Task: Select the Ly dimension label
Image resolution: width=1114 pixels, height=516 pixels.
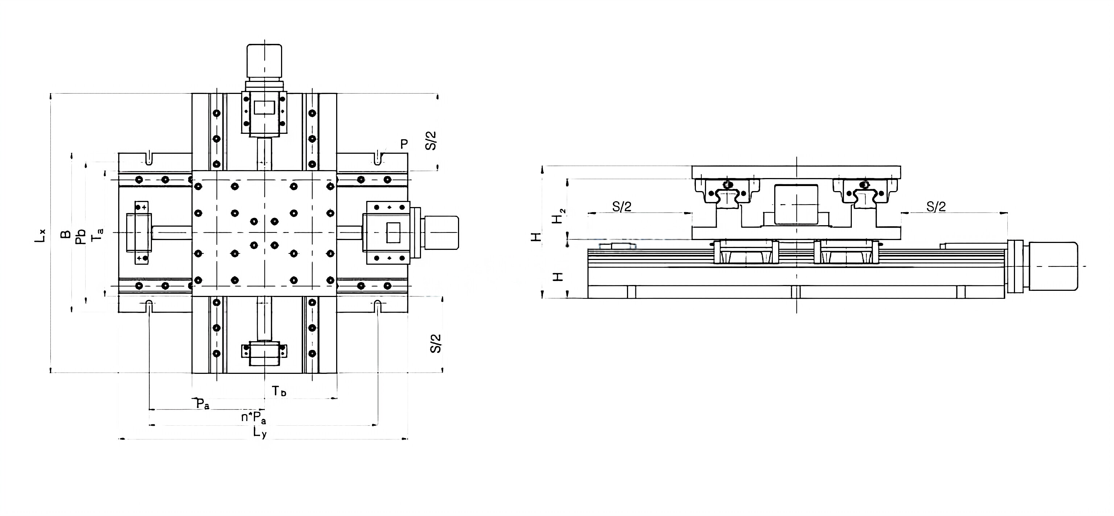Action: (x=260, y=433)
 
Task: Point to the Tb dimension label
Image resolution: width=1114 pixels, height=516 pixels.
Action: (x=279, y=391)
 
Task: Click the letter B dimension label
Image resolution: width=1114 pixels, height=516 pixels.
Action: (x=65, y=234)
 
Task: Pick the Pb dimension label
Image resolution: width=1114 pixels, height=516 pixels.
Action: (x=81, y=236)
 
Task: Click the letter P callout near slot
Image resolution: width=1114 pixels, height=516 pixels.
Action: (x=404, y=144)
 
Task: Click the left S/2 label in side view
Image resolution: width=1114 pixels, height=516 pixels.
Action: (x=622, y=207)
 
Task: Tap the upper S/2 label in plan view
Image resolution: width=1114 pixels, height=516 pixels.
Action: (x=432, y=141)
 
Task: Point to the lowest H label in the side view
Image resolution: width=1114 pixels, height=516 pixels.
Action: (x=559, y=276)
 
